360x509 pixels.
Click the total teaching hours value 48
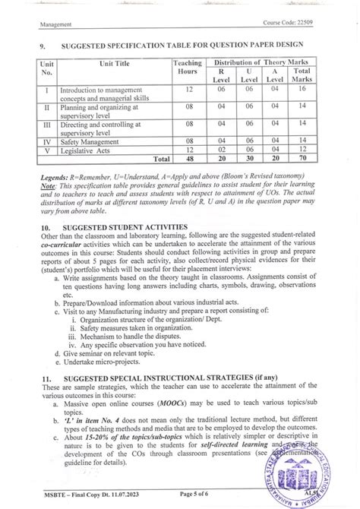pos(186,160)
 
